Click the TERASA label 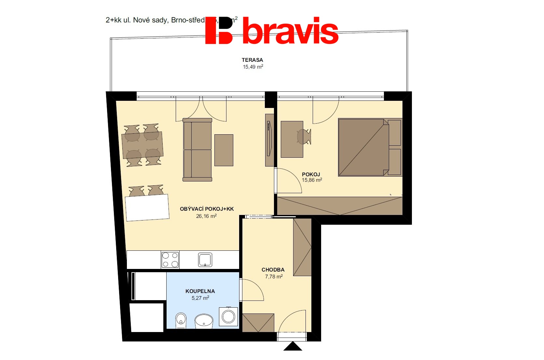pos(252,60)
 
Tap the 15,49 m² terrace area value pos(253,67)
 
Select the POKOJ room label pos(311,174)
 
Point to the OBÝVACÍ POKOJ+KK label pos(207,209)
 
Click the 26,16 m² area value pos(206,216)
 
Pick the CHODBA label pos(273,270)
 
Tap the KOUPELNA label pos(200,291)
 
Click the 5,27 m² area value pos(200,298)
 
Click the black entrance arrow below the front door pos(292,346)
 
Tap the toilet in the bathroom pos(181,320)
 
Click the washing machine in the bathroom pos(228,316)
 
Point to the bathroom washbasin pos(204,321)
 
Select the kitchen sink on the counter pos(205,260)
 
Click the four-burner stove pos(170,260)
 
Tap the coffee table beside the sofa pos(224,150)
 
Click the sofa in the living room pos(197,150)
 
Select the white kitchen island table pos(147,207)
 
